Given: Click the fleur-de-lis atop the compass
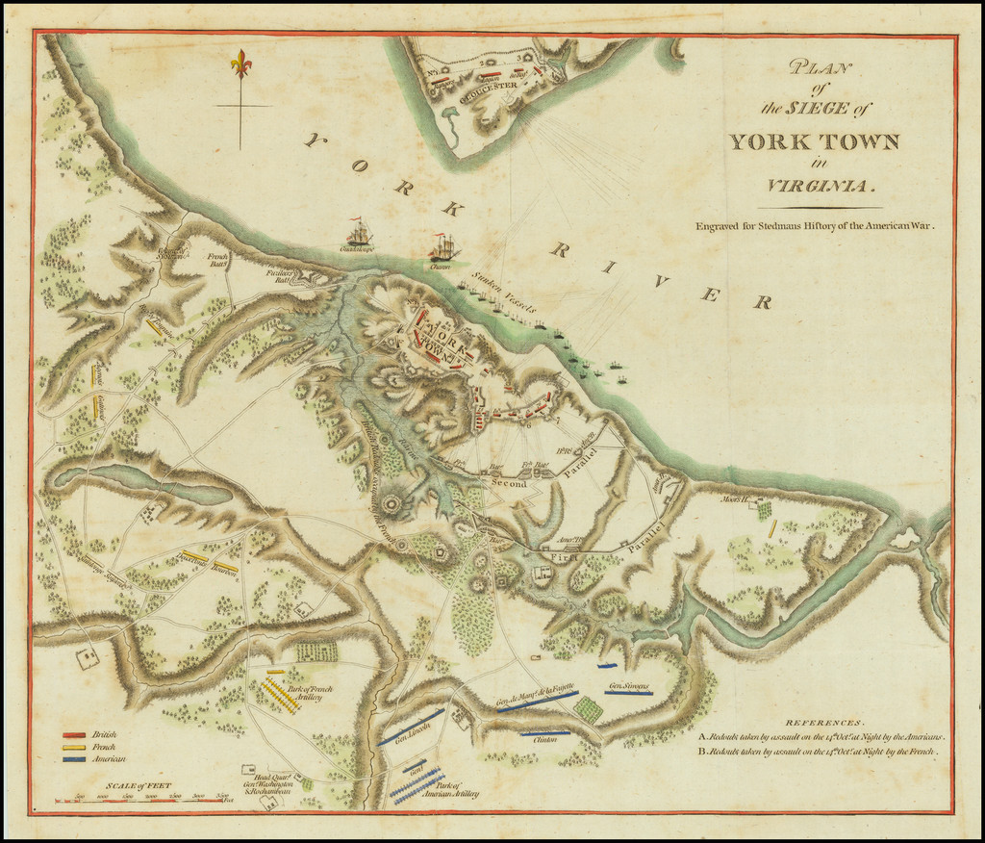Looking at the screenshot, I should [240, 64].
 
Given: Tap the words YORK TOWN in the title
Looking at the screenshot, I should [813, 142].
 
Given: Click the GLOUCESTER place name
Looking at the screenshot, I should [488, 85].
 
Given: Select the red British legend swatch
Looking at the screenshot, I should [76, 734].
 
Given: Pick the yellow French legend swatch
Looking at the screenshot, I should [76, 747].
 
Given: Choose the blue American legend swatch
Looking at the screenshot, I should [76, 759].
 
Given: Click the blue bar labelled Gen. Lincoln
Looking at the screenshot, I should [412, 727].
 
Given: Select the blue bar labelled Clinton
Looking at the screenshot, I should [544, 732].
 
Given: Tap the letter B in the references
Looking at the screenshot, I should [702, 751].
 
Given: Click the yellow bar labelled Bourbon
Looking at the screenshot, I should [225, 568].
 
